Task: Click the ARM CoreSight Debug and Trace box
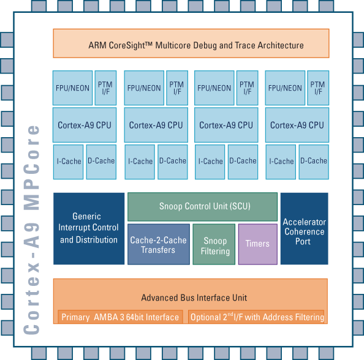pos(191,43)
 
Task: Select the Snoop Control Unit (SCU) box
pos(202,207)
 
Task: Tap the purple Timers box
pos(257,244)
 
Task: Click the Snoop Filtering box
pos(214,244)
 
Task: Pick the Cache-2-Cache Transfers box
pos(159,244)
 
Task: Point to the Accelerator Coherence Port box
pos(305,228)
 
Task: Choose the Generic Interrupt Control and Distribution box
pos(89,228)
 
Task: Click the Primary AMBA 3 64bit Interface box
pos(120,317)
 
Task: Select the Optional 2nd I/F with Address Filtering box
pos(256,317)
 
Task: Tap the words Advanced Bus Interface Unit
pos(194,298)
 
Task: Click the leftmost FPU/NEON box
pos(72,88)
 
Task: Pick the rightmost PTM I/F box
pos(318,88)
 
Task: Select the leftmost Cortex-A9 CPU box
pos(85,125)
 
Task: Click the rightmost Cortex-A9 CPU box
pos(297,125)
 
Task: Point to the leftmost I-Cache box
pos(68,162)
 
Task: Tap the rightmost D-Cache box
pos(314,162)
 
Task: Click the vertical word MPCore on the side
pos(32,167)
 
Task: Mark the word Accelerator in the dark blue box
pos(305,222)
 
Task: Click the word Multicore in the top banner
pos(173,45)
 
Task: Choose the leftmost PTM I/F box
pos(105,88)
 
